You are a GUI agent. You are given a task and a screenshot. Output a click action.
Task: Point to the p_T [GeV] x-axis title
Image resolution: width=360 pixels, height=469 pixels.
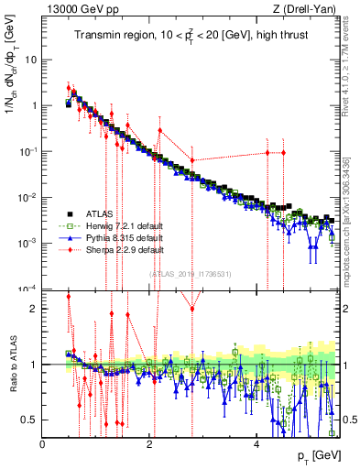click(x=314, y=455)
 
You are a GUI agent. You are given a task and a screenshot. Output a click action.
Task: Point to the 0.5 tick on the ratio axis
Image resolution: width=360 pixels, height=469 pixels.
click(x=29, y=420)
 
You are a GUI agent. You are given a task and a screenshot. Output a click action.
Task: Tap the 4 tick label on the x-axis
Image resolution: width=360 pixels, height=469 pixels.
click(x=256, y=444)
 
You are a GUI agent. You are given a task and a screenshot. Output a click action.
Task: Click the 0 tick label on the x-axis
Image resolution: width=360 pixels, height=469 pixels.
click(x=43, y=444)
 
